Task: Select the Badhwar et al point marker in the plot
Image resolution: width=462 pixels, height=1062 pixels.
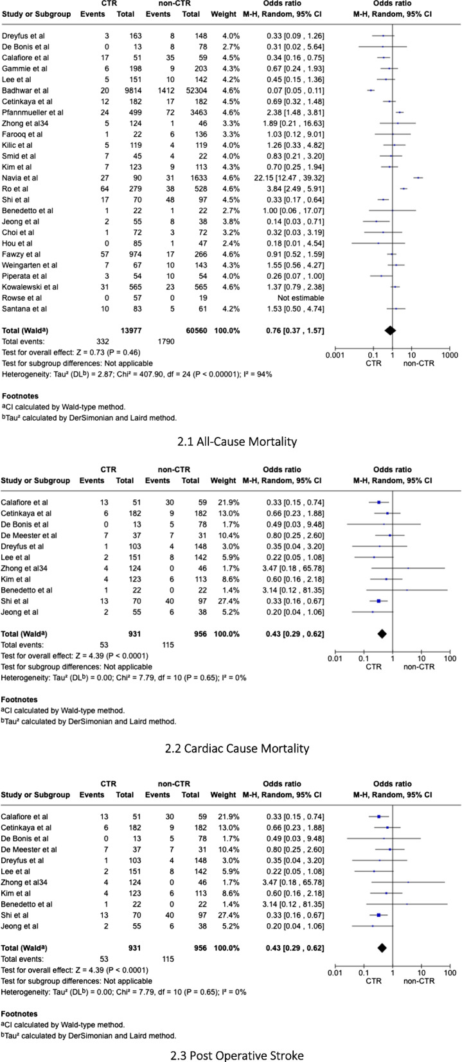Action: click(371, 91)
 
